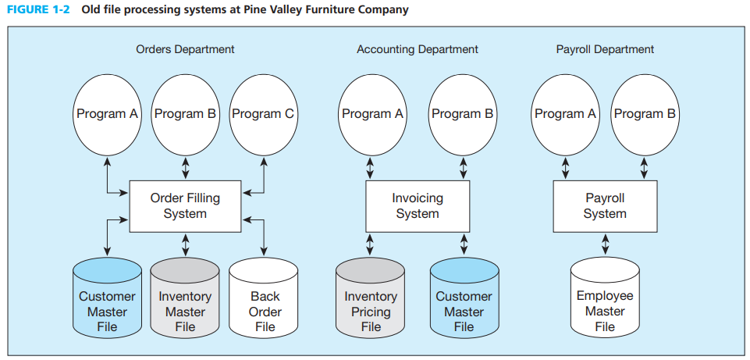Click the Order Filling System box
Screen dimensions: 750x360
185,206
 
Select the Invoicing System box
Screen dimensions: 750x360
417,206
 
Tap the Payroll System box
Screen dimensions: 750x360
605,206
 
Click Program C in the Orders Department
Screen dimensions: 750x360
263,115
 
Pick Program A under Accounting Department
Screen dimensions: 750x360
371,115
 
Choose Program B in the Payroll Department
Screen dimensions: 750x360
645,115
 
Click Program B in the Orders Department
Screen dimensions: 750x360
185,115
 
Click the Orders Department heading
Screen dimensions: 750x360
185,49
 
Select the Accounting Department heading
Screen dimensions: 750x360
418,49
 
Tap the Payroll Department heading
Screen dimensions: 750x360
605,49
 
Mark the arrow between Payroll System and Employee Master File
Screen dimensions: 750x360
605,244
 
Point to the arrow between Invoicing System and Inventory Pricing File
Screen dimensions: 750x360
370,244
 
